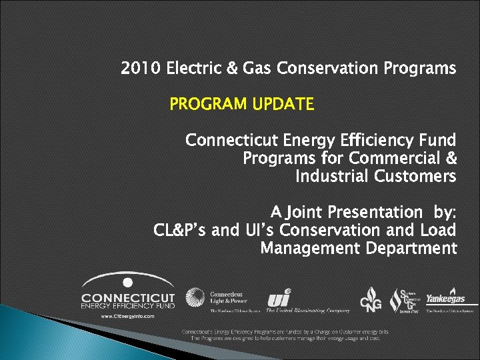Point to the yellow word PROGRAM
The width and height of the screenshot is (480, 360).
209,105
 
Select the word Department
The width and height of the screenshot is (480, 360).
411,249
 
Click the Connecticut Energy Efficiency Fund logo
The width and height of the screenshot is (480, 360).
128,291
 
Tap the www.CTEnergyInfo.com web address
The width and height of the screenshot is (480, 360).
127,316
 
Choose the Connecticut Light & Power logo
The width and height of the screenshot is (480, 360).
217,299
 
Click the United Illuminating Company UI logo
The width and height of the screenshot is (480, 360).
279,298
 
